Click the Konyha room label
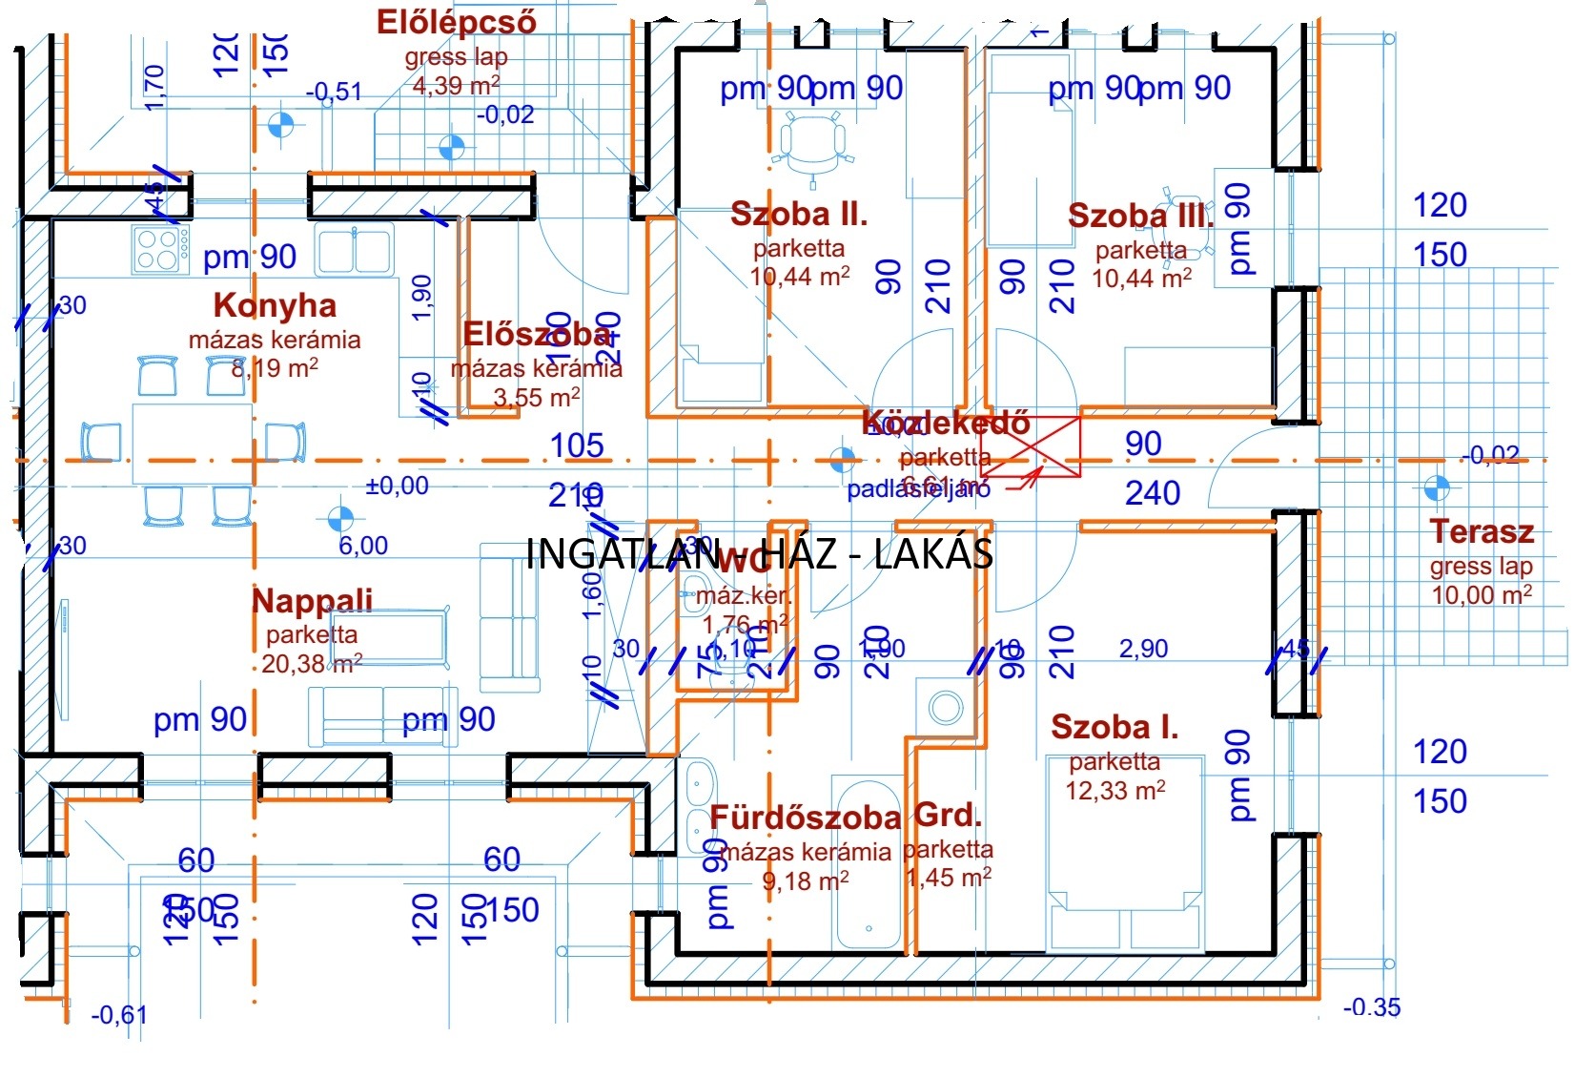[275, 305]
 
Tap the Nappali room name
[312, 601]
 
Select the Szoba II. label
[799, 215]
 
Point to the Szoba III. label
[1140, 217]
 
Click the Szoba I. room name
[1114, 728]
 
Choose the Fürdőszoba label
[806, 818]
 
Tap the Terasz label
[1481, 532]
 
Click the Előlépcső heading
[456, 22]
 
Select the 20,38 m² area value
[311, 664]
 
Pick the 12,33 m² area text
[1114, 791]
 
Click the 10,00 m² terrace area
[1481, 595]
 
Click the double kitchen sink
[354, 251]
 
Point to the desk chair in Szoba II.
[812, 143]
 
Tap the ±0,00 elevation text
[397, 487]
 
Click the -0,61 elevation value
[118, 1015]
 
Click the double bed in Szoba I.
[1125, 854]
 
